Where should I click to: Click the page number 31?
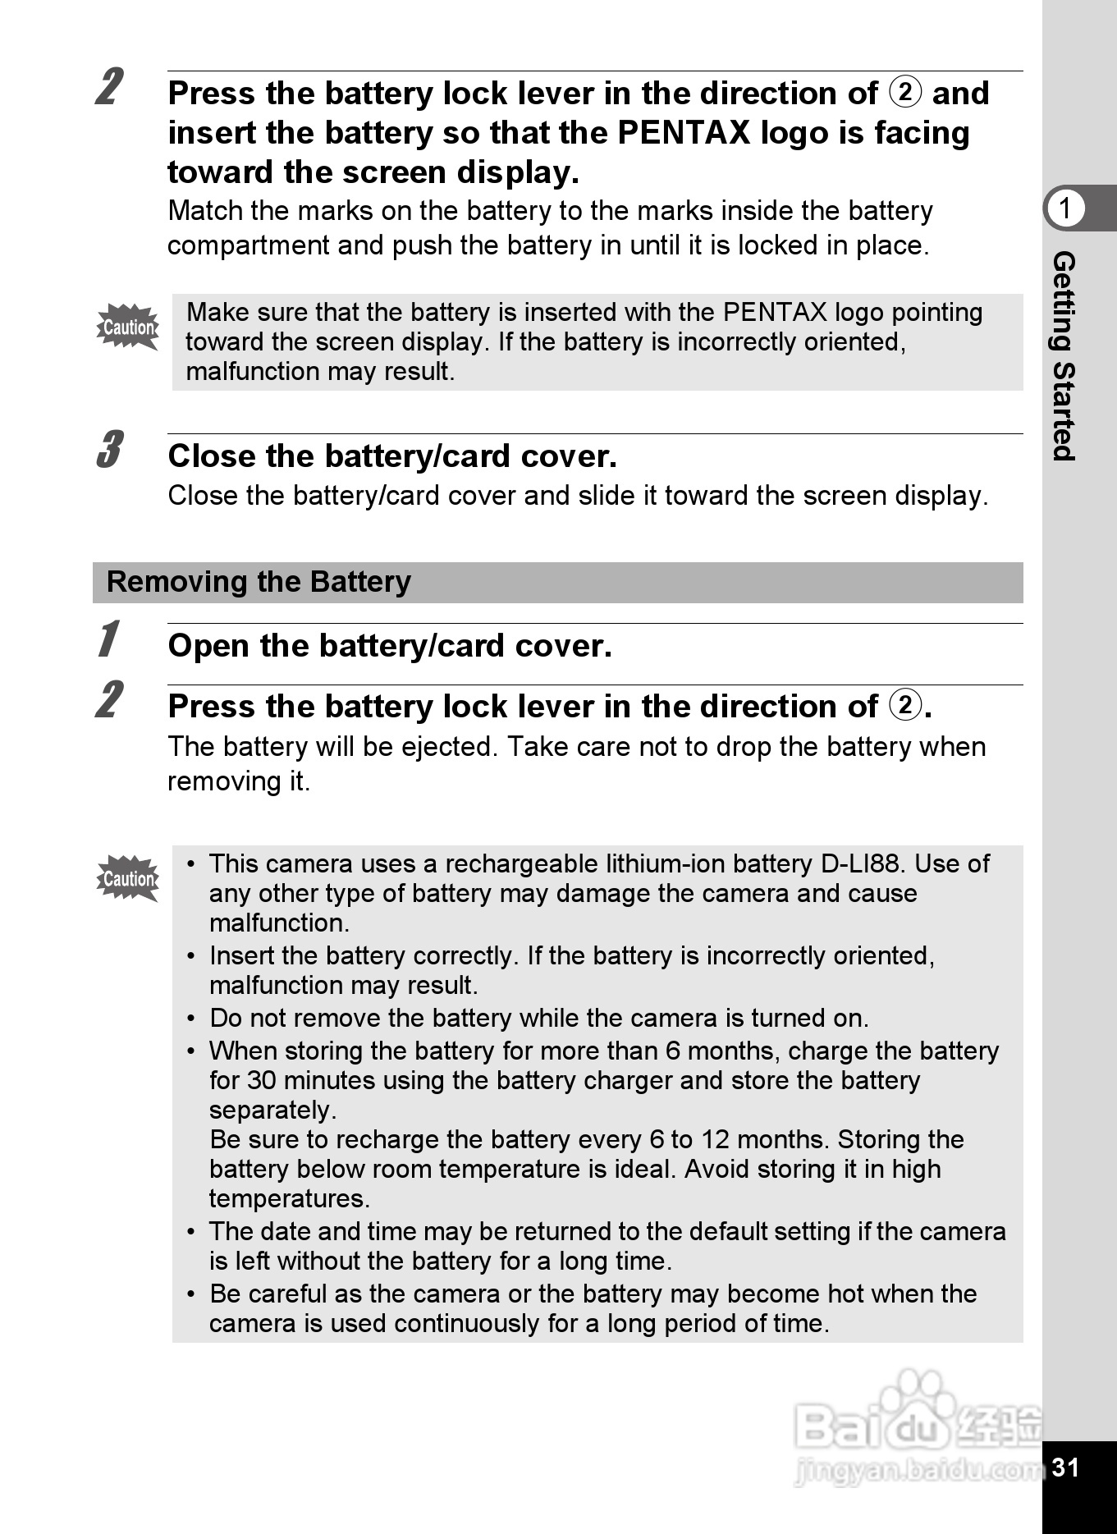click(x=1065, y=1468)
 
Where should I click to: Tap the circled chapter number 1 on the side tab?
click(x=1065, y=208)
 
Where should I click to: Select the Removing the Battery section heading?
click(x=259, y=582)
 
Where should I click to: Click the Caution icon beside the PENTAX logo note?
click(x=128, y=327)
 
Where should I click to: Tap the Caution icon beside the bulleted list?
click(x=128, y=878)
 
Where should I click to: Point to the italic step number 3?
click(x=109, y=450)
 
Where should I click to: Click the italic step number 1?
click(x=108, y=640)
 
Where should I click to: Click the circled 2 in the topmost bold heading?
click(x=905, y=92)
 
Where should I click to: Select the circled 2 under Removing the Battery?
click(x=905, y=705)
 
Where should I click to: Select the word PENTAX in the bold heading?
click(x=684, y=133)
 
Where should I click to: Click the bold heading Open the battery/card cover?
click(x=390, y=647)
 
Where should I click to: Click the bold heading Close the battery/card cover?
click(x=392, y=456)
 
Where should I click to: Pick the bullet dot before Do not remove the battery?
click(x=191, y=1019)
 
